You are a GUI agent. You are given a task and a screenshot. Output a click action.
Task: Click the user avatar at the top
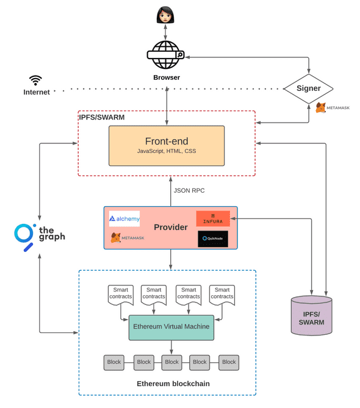[165, 15]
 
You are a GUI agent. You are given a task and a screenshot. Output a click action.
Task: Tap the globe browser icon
[165, 56]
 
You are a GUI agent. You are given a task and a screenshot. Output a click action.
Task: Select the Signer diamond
[308, 88]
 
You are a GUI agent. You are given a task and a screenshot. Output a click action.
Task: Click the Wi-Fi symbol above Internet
[36, 80]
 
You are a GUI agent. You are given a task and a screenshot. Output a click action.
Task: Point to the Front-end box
[166, 146]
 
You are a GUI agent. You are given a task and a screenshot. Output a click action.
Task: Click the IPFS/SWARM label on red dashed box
[101, 116]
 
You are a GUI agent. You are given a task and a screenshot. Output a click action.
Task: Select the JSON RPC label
[189, 191]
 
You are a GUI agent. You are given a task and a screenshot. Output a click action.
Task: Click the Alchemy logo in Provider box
[124, 218]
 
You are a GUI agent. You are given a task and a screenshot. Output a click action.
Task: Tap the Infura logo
[212, 219]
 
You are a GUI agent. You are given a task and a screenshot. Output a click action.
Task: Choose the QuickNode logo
[212, 239]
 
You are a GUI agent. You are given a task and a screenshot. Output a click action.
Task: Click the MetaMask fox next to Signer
[321, 108]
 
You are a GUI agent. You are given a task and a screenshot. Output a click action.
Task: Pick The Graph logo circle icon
[25, 235]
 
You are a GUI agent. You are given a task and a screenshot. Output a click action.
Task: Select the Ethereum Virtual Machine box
[171, 327]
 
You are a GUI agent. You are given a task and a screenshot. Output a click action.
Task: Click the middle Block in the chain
[172, 362]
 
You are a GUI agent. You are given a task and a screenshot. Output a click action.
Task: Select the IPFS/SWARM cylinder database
[311, 315]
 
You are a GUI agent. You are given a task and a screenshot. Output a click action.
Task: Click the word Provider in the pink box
[170, 227]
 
